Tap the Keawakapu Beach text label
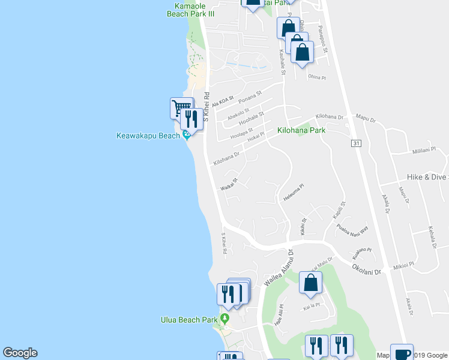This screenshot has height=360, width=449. click(x=148, y=136)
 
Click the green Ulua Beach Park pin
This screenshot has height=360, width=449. click(x=224, y=318)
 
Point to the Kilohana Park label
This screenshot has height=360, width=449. click(x=301, y=130)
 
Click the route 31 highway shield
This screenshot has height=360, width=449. click(x=356, y=143)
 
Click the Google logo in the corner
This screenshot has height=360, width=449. click(x=20, y=353)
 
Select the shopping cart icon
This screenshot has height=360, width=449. click(x=179, y=108)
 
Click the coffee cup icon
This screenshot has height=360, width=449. click(x=402, y=353)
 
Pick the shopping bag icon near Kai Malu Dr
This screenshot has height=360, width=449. click(x=310, y=283)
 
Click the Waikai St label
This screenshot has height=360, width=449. click(x=229, y=183)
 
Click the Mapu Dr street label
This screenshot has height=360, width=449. click(x=365, y=118)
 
